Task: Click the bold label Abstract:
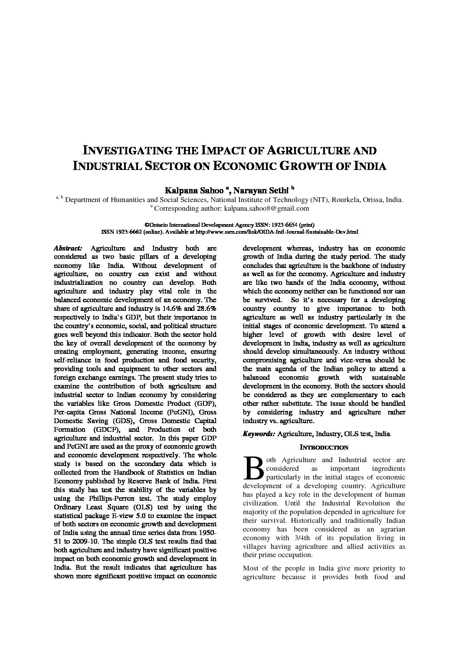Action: point(68,248)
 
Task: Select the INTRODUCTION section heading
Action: point(324,447)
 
